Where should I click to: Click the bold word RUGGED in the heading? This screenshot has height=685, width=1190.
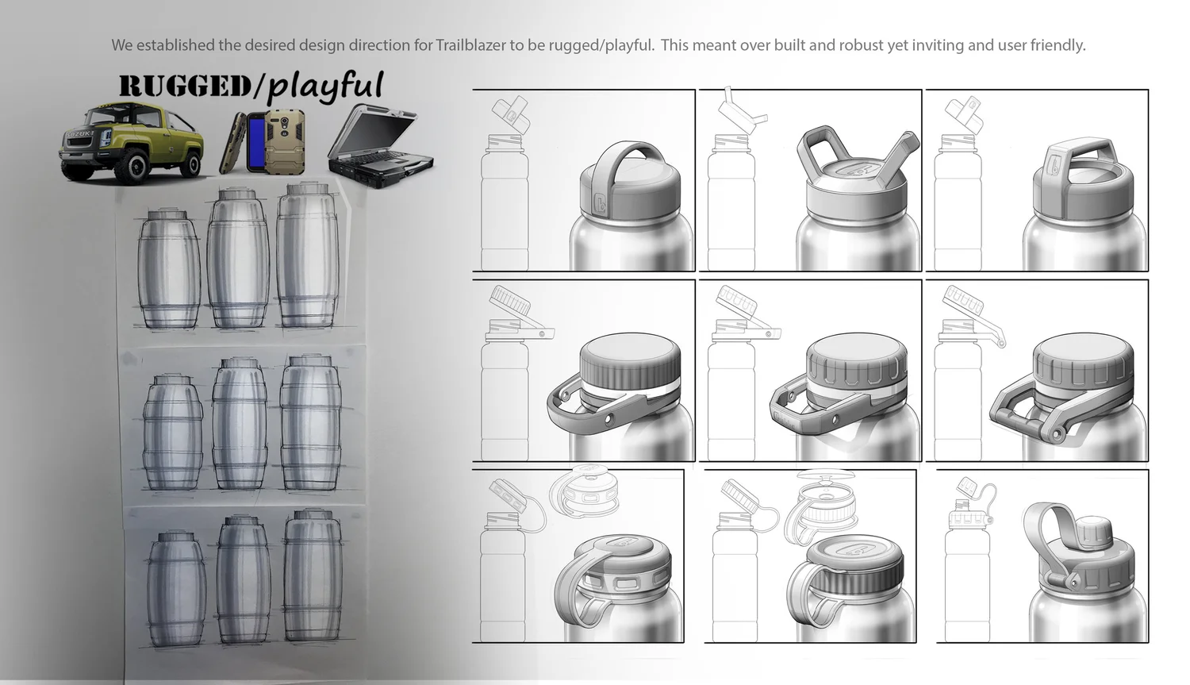tap(185, 87)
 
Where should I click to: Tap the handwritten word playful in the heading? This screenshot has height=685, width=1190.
tap(325, 86)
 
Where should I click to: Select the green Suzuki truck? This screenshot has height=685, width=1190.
tap(131, 142)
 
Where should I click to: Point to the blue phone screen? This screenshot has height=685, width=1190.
tap(256, 142)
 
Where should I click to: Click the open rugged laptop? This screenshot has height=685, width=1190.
tap(380, 145)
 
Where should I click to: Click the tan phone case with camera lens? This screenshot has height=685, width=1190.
tap(286, 142)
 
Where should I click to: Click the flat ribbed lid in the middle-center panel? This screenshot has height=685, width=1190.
tap(856, 361)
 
